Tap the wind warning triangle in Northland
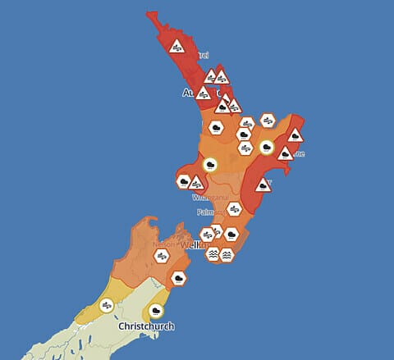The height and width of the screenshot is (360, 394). [x=176, y=47]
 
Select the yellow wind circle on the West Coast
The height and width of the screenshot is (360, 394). [x=106, y=305]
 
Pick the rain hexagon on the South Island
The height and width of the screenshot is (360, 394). [x=178, y=279]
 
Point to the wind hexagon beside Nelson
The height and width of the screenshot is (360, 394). [x=162, y=256]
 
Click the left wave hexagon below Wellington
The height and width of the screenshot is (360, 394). [x=213, y=254]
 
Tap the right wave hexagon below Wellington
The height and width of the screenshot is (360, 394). [x=227, y=255]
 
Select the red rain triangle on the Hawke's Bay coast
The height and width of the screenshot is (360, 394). [x=263, y=185]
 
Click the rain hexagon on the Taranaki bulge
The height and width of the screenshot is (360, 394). [x=185, y=180]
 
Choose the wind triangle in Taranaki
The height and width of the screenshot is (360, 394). [x=196, y=183]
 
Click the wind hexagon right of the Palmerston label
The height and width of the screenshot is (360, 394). [x=234, y=209]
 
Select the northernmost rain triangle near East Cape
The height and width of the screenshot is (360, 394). [x=295, y=136]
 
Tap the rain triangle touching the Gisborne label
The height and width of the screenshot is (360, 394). [x=285, y=153]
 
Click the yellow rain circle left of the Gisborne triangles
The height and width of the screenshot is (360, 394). [x=266, y=148]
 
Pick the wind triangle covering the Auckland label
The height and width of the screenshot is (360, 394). [x=203, y=93]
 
